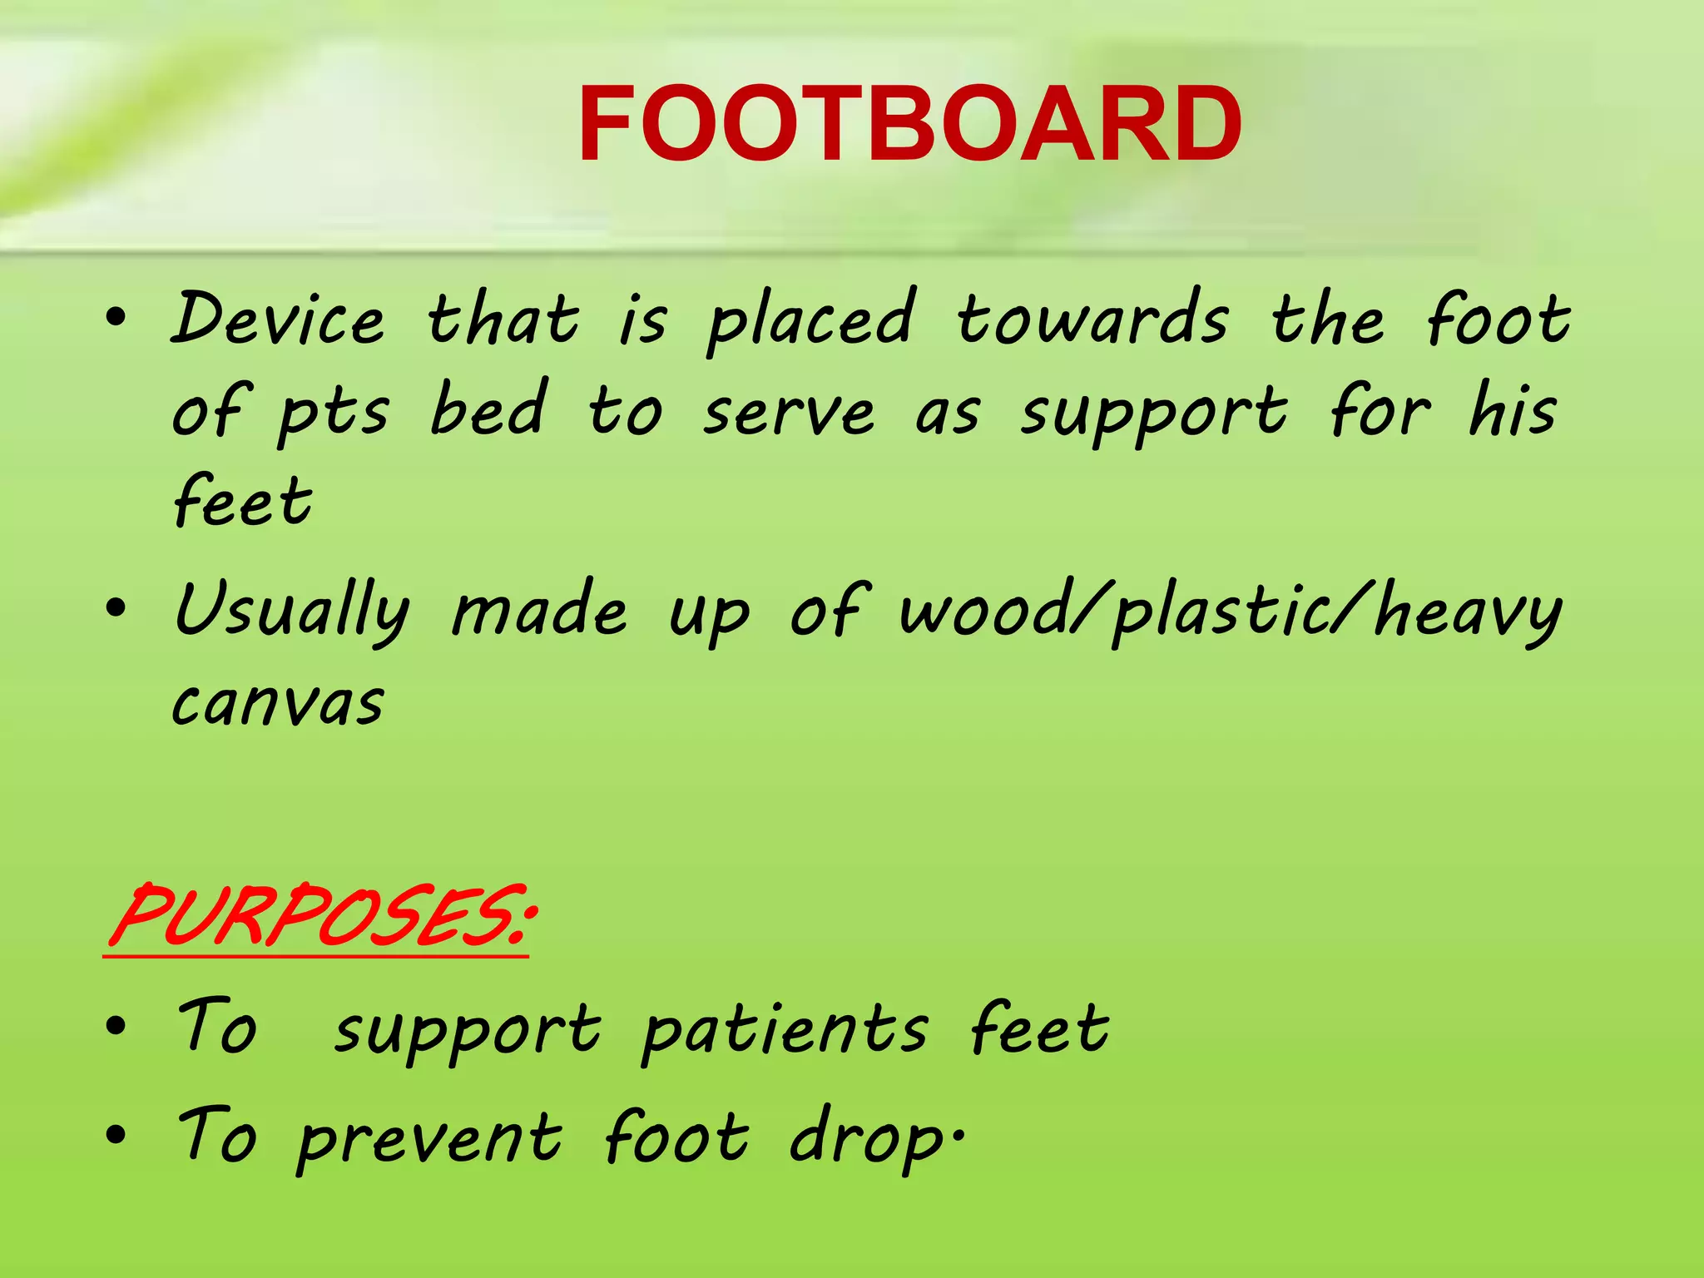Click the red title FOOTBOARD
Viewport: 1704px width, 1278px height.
click(909, 125)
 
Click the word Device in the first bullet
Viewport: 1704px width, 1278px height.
click(278, 319)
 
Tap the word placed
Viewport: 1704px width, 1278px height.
click(811, 321)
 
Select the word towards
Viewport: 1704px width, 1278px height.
click(1092, 319)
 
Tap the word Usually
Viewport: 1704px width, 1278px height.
click(291, 612)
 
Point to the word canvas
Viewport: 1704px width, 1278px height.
click(278, 704)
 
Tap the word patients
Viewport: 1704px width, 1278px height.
click(785, 1032)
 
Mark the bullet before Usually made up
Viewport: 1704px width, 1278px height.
click(116, 607)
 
